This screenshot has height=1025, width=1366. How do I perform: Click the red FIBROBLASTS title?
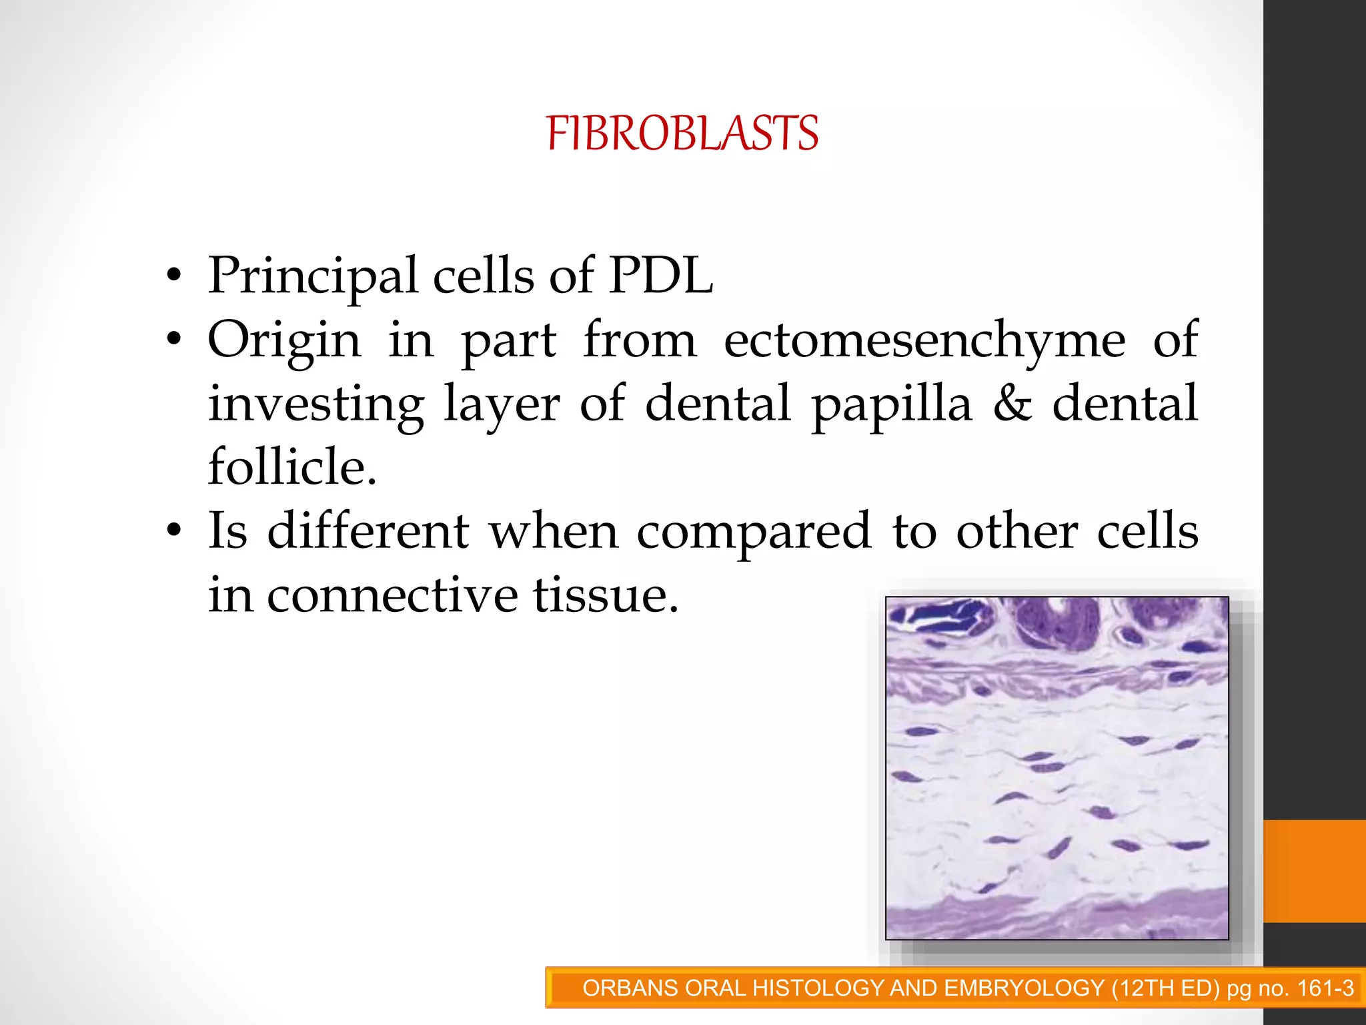tap(682, 133)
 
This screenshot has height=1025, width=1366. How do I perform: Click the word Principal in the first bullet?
tap(313, 275)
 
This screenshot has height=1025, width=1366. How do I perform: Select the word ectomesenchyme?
tap(924, 340)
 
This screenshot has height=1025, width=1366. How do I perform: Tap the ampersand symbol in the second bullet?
tap(1012, 404)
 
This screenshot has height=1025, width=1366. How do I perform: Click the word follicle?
tap(292, 466)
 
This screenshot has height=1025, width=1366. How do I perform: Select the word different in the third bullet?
tap(369, 531)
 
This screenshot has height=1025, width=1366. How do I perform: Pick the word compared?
tap(754, 533)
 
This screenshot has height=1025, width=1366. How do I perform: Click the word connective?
tap(392, 595)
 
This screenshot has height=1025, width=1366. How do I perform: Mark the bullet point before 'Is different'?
tap(174, 531)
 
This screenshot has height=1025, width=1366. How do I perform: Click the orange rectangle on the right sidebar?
tap(1314, 871)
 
